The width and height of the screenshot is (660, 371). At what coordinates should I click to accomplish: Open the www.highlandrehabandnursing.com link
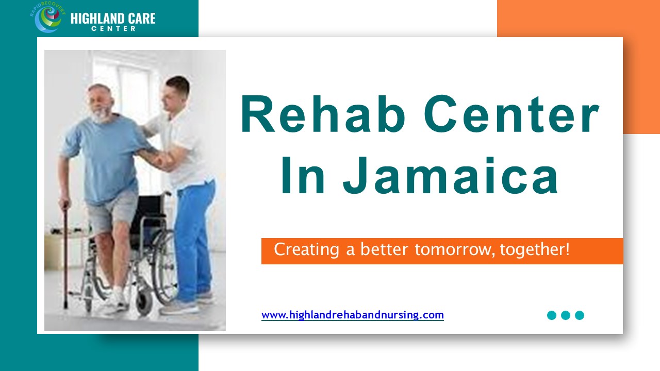click(352, 315)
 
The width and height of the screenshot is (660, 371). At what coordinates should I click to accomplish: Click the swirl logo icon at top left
click(48, 19)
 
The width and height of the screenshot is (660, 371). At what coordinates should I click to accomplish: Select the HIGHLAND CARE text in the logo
click(112, 19)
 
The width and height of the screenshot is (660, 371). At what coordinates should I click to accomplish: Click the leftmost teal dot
click(552, 315)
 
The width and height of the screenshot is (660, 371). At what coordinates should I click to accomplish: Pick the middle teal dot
click(566, 315)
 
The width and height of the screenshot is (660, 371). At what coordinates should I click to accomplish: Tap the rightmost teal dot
click(580, 315)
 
